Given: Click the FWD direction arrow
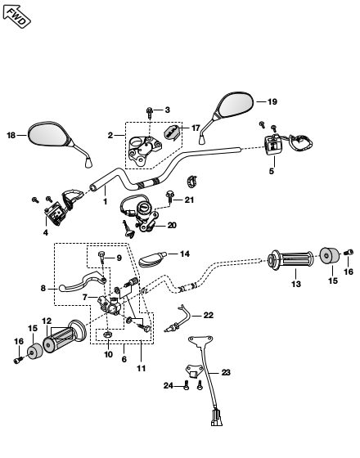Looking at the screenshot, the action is click(16, 16).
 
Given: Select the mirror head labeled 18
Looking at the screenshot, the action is click(49, 134).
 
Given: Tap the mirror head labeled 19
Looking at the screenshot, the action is click(236, 105).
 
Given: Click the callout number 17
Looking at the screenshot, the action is click(196, 128).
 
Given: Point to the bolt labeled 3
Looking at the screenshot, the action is click(150, 112).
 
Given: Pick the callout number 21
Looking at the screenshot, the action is click(189, 200).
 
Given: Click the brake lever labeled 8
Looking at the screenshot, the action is click(83, 281).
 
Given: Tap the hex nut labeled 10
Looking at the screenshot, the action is click(107, 335).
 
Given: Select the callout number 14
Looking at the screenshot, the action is click(185, 254).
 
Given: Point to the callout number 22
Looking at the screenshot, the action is click(209, 315).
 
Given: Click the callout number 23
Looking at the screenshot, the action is click(226, 372).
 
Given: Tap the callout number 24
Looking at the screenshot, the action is click(169, 386).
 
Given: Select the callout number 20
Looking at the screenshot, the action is click(172, 226).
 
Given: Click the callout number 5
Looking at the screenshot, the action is click(272, 171).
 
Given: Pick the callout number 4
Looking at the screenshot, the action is click(46, 233).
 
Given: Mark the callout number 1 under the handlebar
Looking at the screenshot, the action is click(106, 201).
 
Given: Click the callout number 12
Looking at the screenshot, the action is click(47, 321).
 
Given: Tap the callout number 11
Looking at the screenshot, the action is click(141, 369).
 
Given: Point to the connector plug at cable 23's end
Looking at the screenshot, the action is click(217, 418).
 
